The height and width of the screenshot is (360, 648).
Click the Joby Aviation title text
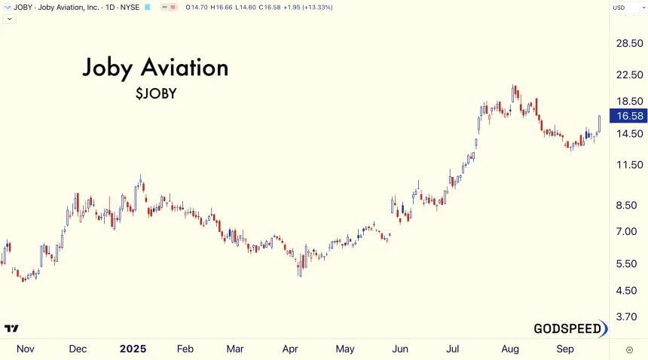[155, 68]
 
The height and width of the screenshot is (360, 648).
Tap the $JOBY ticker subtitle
[156, 93]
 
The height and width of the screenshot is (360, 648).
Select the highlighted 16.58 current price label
[628, 116]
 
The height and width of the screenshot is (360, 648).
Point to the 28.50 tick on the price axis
[629, 43]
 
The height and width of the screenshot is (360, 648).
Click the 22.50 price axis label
[629, 75]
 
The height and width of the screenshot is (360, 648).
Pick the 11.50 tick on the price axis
[629, 165]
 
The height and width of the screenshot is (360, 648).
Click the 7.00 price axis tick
[626, 231]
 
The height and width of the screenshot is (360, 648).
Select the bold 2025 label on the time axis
[133, 349]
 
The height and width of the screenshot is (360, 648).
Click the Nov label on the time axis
[25, 349]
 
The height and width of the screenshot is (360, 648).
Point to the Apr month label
[289, 349]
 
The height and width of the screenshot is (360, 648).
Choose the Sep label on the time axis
[565, 349]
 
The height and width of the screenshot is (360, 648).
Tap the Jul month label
[453, 349]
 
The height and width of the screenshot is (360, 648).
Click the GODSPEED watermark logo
[570, 328]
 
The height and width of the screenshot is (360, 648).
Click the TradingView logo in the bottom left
[11, 328]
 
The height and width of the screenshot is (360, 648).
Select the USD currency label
[619, 8]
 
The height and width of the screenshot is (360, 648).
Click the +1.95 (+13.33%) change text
[308, 8]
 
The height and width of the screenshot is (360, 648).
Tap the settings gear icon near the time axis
[629, 350]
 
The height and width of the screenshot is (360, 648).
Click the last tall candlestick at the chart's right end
[599, 124]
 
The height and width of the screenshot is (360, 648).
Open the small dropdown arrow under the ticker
[10, 19]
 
